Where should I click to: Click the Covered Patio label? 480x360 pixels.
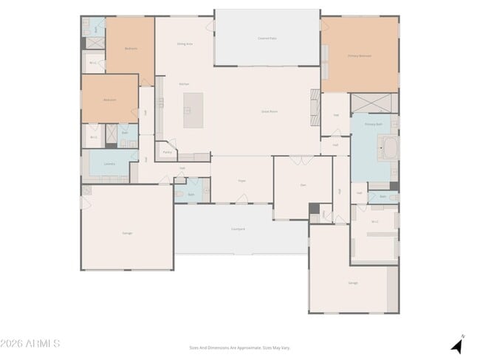(x=267, y=38)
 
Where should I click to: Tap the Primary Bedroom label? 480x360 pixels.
(x=359, y=55)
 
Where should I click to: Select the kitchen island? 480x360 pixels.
(x=193, y=110)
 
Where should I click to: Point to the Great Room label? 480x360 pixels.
(x=269, y=111)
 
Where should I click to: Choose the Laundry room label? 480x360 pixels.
(x=109, y=164)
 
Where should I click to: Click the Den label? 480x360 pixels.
(x=303, y=184)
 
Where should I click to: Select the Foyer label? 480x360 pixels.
(x=241, y=180)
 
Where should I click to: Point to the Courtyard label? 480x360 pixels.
(x=238, y=229)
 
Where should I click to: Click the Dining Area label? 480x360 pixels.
(x=185, y=44)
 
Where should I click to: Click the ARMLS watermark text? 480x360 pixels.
(x=30, y=344)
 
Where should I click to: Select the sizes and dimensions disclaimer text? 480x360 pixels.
(x=239, y=347)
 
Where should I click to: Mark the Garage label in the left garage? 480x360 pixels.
(x=127, y=233)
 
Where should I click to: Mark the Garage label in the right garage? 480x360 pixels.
(x=353, y=283)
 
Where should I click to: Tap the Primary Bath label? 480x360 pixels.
(x=374, y=124)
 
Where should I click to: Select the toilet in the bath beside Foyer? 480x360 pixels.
(x=179, y=194)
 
